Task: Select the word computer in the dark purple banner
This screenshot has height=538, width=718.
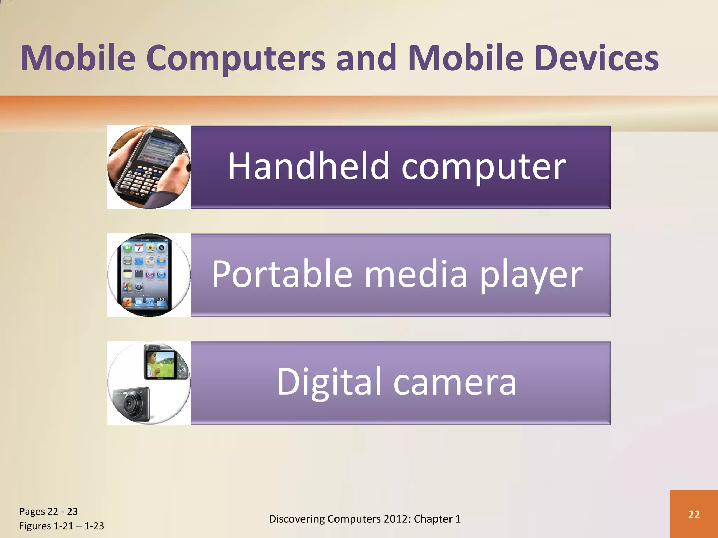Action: click(x=483, y=167)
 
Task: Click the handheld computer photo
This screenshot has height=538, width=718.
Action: click(x=149, y=167)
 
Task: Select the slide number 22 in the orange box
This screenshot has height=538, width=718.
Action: click(x=694, y=514)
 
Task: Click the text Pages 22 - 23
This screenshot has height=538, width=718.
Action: click(x=48, y=511)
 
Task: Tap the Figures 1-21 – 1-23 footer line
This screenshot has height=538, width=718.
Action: click(x=62, y=526)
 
